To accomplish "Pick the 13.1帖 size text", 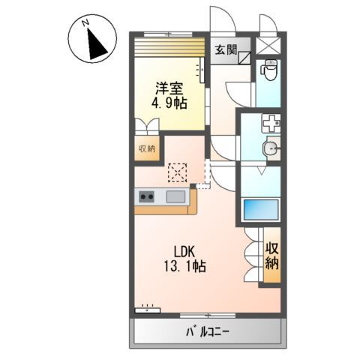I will [184, 266].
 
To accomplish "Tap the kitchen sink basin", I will [176, 197].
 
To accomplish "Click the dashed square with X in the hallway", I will [177, 172].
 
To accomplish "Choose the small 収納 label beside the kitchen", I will [146, 148].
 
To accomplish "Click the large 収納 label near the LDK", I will [271, 256].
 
